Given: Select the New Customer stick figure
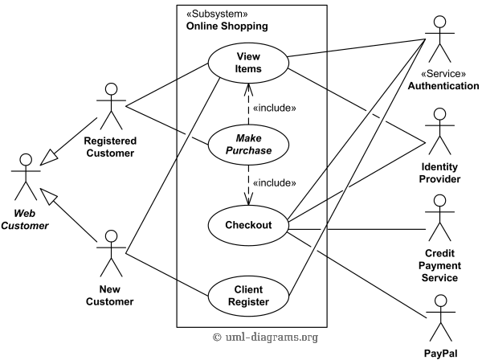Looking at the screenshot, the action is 112,253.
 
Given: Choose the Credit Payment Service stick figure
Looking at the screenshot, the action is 440,218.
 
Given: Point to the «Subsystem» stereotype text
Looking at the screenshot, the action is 217,14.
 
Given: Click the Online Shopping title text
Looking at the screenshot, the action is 227,27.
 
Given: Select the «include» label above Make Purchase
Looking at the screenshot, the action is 274,108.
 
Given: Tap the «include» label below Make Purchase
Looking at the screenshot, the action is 274,183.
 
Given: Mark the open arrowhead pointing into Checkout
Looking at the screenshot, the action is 248,199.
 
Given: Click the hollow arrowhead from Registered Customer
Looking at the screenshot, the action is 48,157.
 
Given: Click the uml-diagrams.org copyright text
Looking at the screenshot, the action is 265,337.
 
